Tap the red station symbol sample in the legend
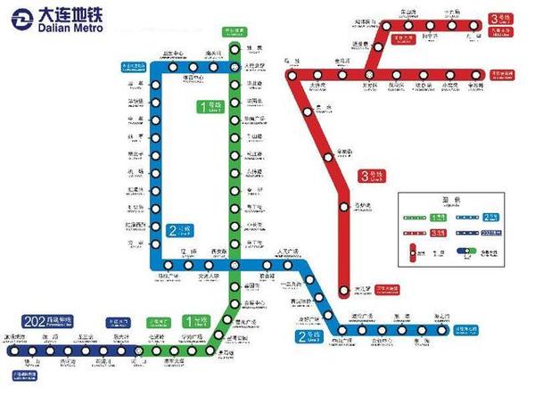pos(415,252)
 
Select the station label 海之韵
pos(443,316)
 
